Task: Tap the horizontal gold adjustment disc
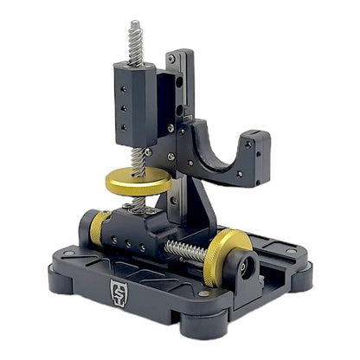click(136, 182)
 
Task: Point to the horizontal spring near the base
click(186, 251)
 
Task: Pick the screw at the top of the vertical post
click(172, 59)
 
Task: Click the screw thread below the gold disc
click(138, 204)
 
